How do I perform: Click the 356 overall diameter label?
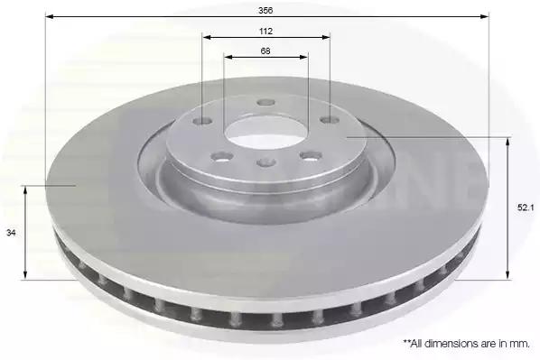point(265,10)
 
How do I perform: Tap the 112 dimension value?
point(265,32)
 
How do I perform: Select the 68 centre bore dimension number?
point(265,51)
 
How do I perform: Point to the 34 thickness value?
point(11,233)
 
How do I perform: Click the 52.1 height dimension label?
point(526,208)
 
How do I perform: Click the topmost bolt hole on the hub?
point(266,102)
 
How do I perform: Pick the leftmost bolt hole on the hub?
point(202,121)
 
